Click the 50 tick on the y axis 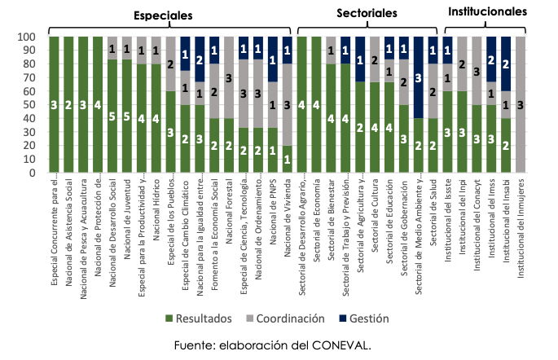[x=26, y=105]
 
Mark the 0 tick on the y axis [x=29, y=173]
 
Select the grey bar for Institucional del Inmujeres [x=521, y=104]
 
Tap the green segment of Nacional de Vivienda [x=287, y=159]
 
